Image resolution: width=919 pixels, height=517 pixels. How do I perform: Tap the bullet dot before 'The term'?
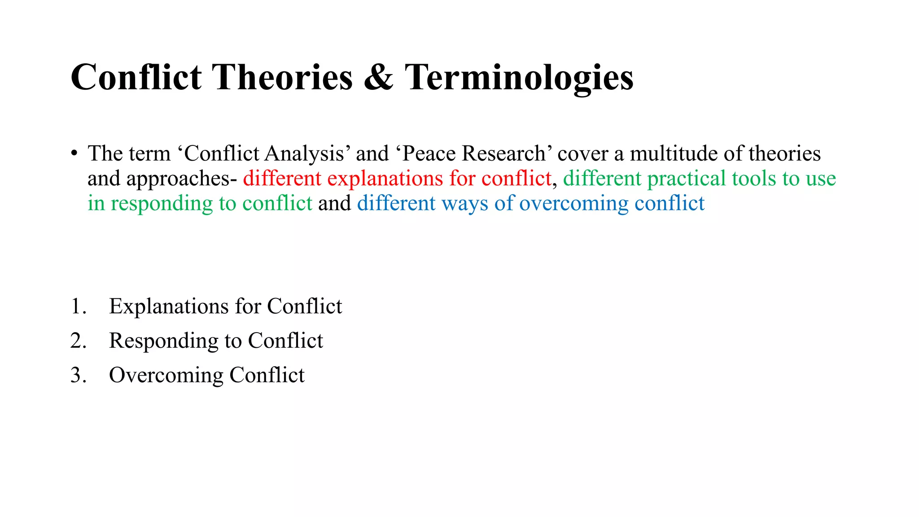tap(74, 153)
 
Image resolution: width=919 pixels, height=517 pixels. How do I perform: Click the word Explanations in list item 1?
tap(169, 307)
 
